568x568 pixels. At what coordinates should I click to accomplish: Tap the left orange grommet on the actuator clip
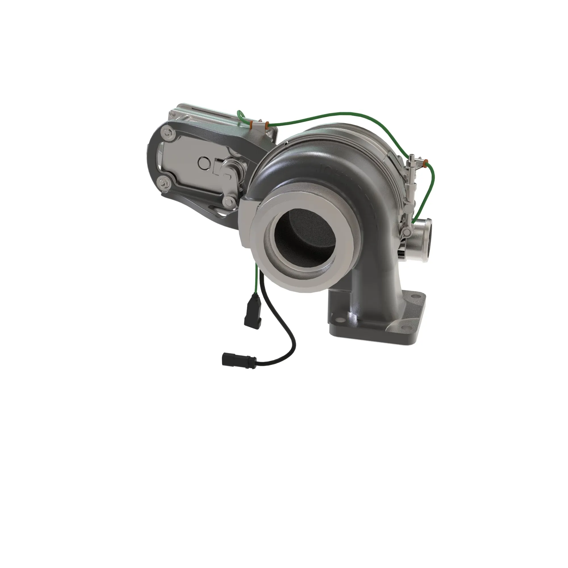coord(252,125)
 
